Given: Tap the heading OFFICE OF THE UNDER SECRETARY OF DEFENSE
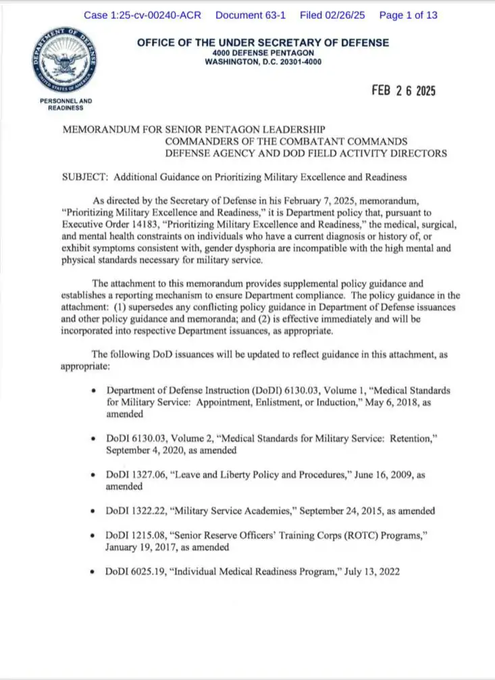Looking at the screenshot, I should tap(263, 43).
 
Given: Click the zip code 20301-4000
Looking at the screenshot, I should tap(296, 62).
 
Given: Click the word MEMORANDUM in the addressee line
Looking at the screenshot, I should tap(101, 128).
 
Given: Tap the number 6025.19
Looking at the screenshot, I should tap(149, 571).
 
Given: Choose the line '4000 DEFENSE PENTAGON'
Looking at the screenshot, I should tap(263, 53).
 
